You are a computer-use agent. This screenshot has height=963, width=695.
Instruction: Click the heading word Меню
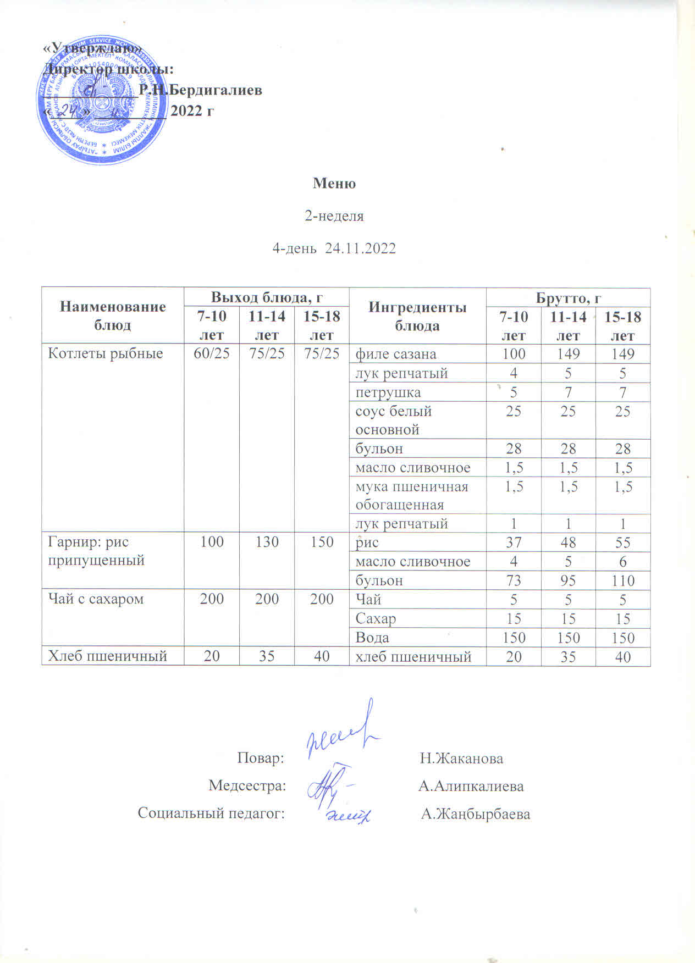coord(334,183)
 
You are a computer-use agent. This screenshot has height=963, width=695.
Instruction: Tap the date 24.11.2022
coord(361,248)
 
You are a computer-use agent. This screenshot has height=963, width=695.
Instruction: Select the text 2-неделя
coord(334,216)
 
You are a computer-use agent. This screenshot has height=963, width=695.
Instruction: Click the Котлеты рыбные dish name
coord(106,353)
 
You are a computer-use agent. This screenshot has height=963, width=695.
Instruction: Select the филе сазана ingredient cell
coord(396,354)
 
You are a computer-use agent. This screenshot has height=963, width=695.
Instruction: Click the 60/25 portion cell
coord(212,353)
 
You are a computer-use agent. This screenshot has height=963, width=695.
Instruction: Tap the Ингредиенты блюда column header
coord(417,316)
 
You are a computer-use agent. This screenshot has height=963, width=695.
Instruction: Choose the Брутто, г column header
coord(568,297)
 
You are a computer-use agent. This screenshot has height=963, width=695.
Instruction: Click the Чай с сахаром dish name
coord(96,599)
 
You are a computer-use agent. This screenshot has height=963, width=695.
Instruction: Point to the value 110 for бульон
coord(622,580)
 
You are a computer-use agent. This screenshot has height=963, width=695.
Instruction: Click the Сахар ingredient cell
coord(376,618)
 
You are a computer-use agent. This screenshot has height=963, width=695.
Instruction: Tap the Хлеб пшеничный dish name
coord(108,656)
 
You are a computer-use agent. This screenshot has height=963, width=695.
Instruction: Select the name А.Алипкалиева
coord(471,786)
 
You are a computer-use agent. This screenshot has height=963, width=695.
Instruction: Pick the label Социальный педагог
coord(211,813)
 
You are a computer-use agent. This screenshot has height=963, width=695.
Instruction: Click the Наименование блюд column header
coord(113,316)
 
